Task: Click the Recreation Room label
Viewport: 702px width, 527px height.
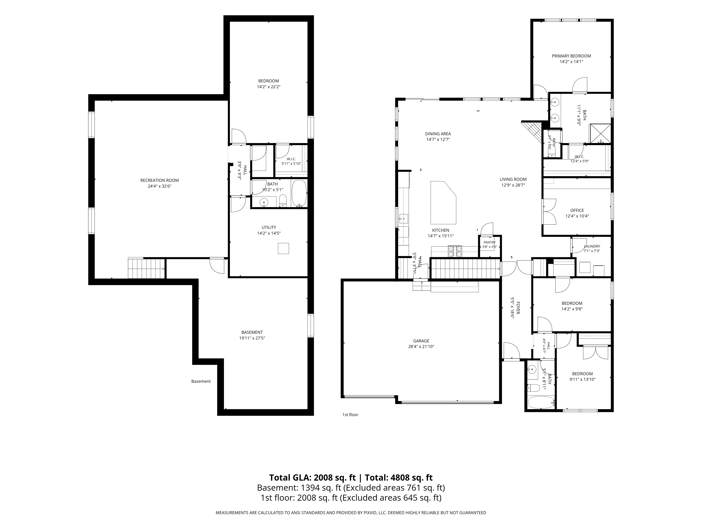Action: click(160, 180)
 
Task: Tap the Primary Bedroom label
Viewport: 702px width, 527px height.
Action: click(571, 56)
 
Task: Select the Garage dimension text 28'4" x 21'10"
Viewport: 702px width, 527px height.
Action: click(421, 347)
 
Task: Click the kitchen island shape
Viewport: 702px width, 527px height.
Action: click(443, 203)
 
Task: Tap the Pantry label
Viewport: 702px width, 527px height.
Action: click(490, 242)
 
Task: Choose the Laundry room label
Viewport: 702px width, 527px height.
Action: click(592, 246)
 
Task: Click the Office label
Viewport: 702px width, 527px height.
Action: click(577, 210)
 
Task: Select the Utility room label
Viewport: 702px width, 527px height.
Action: click(269, 227)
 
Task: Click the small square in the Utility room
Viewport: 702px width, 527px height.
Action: click(283, 248)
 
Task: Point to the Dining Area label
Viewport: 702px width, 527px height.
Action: click(438, 134)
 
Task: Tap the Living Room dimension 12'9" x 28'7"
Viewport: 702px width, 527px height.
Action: click(513, 185)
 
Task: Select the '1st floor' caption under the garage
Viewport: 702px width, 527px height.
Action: click(350, 415)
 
